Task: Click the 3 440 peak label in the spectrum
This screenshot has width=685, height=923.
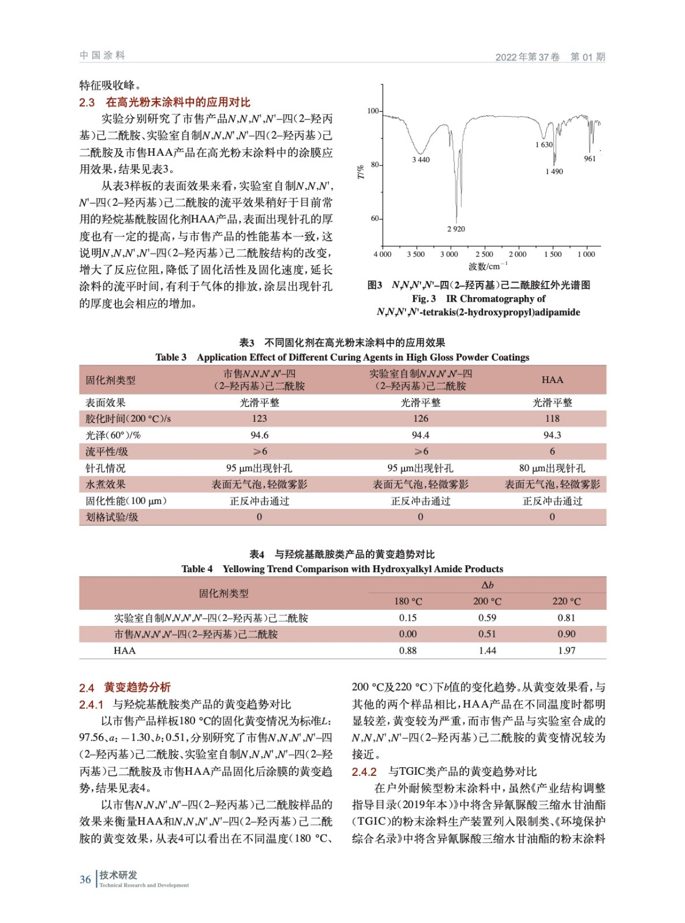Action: click(420, 160)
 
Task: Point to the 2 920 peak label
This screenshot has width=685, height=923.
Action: click(455, 229)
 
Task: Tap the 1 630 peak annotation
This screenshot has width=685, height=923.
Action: click(544, 145)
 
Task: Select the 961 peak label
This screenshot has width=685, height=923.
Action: click(589, 159)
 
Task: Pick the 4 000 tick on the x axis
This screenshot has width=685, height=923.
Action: click(382, 254)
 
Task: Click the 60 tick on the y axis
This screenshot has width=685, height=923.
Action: click(375, 219)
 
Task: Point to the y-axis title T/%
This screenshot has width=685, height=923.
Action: click(361, 171)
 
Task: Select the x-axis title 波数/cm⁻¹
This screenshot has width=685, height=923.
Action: click(488, 267)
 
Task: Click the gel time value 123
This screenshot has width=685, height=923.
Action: click(259, 418)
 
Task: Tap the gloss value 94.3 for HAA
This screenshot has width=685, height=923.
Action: click(552, 435)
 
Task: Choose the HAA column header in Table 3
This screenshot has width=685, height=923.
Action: click(552, 380)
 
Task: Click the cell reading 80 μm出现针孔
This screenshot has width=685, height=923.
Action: click(552, 468)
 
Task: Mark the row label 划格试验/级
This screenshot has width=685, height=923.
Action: click(112, 517)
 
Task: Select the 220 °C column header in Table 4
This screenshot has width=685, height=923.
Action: click(566, 601)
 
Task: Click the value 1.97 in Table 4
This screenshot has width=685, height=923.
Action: click(566, 650)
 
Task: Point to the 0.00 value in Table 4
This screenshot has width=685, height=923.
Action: click(407, 634)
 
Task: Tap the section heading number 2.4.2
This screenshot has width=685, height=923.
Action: click(364, 772)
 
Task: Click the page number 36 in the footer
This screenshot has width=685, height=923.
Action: click(85, 879)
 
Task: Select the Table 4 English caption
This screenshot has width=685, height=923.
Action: click(342, 569)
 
